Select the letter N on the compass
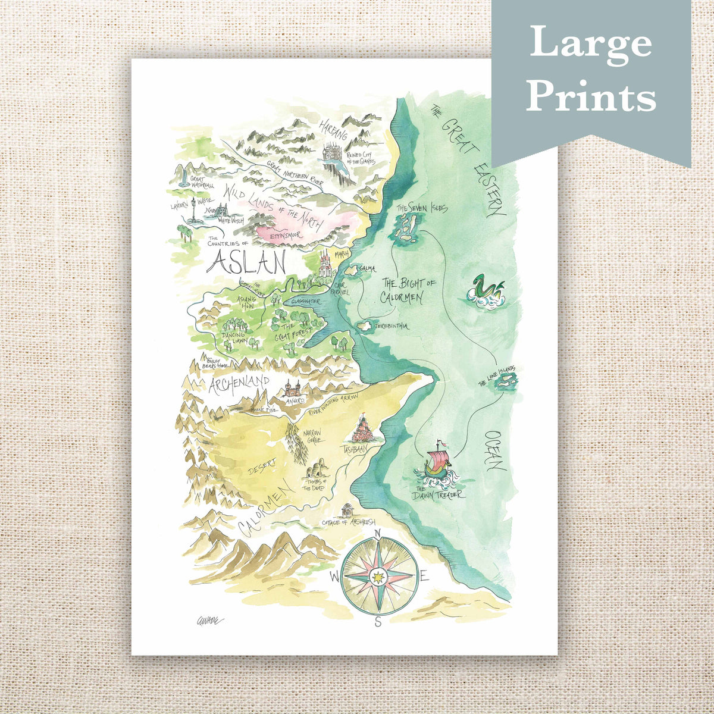[378, 534]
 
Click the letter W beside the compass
[335, 576]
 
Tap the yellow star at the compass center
[377, 576]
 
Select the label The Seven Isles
[421, 208]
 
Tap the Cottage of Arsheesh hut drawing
[348, 511]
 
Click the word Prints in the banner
[590, 95]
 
